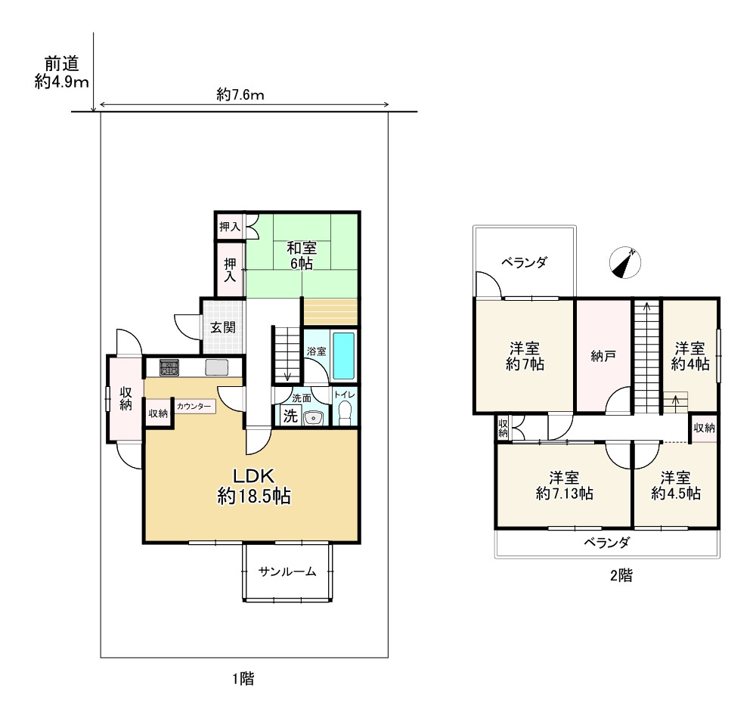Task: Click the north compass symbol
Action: (x=625, y=263)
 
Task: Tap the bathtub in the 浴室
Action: (x=344, y=356)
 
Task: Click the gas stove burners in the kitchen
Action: (x=169, y=367)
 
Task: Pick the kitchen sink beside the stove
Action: (x=216, y=367)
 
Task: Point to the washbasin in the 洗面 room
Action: (x=314, y=417)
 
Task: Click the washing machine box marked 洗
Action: (x=290, y=416)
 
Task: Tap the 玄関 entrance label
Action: (x=223, y=328)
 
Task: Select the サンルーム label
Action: (x=287, y=571)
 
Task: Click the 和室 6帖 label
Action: (x=302, y=256)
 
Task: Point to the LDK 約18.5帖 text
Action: (x=253, y=486)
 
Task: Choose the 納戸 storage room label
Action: (x=603, y=356)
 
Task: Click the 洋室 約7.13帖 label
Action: (x=564, y=486)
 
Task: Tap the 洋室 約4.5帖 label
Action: (x=675, y=486)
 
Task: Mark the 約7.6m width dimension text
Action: (x=240, y=94)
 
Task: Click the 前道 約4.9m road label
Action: (x=62, y=73)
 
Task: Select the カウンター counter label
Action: (x=194, y=406)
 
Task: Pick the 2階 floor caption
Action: (x=621, y=575)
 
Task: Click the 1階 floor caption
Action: (x=243, y=679)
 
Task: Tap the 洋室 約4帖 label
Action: (x=690, y=356)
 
